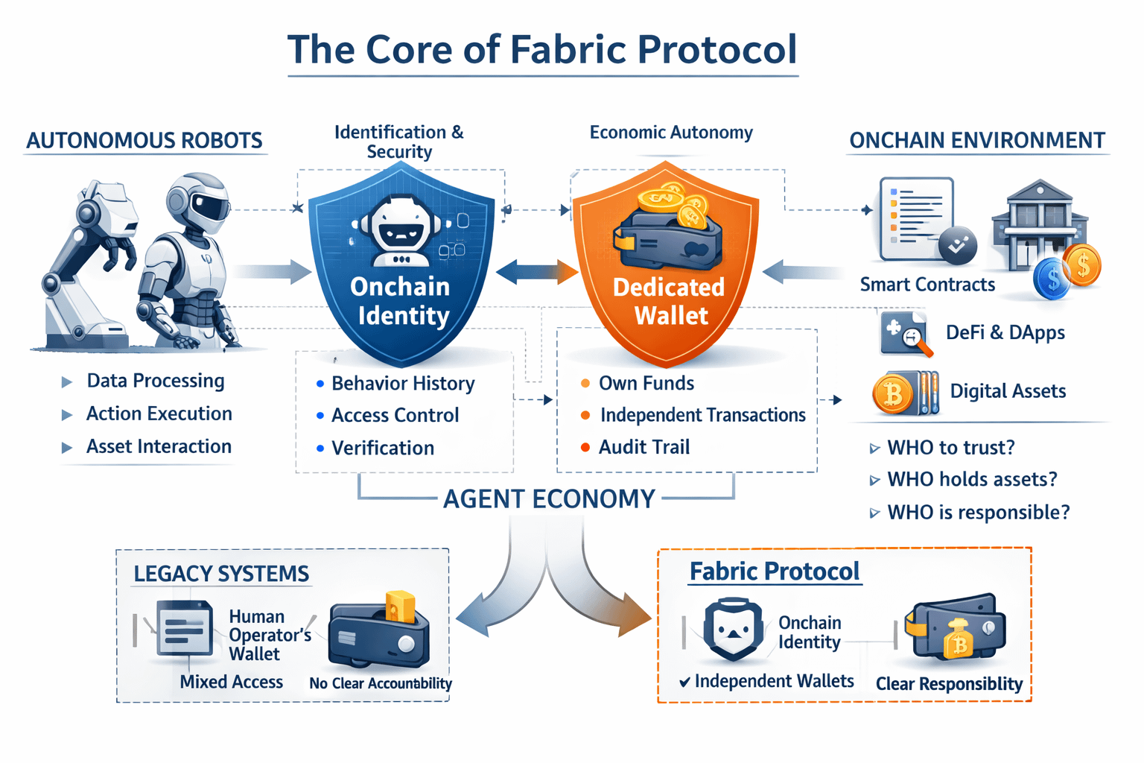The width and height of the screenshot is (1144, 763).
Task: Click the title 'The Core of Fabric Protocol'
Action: pyautogui.click(x=542, y=50)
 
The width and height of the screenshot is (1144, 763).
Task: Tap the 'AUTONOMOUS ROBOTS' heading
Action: pyautogui.click(x=144, y=141)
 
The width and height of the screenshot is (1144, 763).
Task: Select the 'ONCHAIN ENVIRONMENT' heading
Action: pyautogui.click(x=977, y=141)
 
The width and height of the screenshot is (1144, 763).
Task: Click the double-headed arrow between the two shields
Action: pyautogui.click(x=536, y=272)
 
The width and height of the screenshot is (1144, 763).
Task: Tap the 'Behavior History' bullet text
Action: pyautogui.click(x=403, y=384)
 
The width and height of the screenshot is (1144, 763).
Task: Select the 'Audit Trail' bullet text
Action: pyautogui.click(x=644, y=447)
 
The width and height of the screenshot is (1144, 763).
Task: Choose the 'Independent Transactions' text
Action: pyautogui.click(x=702, y=415)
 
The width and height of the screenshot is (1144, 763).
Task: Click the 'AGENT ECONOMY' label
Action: pyautogui.click(x=549, y=498)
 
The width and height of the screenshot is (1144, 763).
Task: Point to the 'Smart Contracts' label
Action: pyautogui.click(x=927, y=285)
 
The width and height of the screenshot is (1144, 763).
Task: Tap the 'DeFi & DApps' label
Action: pyautogui.click(x=1005, y=332)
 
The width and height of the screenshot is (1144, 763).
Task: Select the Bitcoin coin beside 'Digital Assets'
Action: pyautogui.click(x=892, y=393)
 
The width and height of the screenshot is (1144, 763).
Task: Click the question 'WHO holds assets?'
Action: pyautogui.click(x=972, y=479)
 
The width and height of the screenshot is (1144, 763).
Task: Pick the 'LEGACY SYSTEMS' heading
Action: pyautogui.click(x=221, y=574)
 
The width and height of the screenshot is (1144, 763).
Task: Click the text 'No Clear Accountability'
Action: pyautogui.click(x=381, y=683)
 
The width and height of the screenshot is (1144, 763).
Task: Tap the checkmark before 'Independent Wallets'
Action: pyautogui.click(x=684, y=682)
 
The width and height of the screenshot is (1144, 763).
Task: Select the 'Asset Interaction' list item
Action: pyautogui.click(x=159, y=446)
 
